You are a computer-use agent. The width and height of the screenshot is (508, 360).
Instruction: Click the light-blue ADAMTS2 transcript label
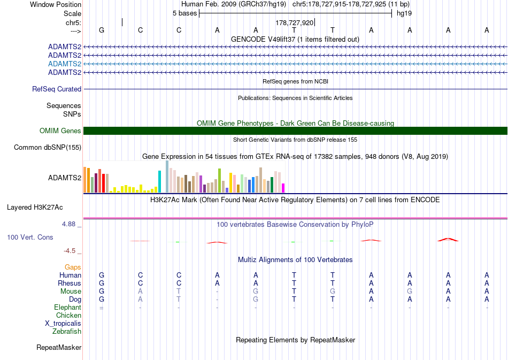pos(65,64)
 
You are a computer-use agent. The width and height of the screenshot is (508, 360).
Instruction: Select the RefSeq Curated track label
pos(57,89)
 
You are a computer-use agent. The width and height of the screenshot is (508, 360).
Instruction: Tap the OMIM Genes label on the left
pos(60,131)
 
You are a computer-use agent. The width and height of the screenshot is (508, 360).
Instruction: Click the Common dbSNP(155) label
pos(48,148)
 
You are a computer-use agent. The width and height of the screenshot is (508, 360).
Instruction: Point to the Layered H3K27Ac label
pos(35,208)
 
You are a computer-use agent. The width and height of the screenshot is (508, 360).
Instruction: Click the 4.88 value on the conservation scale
pos(68,224)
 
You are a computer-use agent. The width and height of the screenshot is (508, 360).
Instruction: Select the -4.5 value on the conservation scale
pos(70,250)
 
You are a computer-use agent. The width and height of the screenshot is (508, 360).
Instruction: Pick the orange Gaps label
pos(73,267)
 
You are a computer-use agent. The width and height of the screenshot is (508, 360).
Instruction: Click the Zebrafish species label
pos(67,331)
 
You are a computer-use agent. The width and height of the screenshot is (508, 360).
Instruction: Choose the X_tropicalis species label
pos(63,324)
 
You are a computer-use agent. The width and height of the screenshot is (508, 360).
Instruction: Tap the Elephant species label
pos(68,307)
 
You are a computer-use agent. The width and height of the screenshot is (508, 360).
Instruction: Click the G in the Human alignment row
pos(102,275)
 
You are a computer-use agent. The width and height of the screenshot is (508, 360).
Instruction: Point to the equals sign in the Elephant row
pos(102,308)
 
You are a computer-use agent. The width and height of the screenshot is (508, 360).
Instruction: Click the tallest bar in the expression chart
pos(167,177)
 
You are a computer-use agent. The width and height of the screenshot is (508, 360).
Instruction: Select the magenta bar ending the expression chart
pos(283,188)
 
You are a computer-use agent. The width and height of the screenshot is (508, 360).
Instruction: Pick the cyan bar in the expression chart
pos(159,182)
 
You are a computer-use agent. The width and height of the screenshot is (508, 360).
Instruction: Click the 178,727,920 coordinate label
pos(295,22)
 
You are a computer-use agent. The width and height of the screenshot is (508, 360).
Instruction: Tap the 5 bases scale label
pos(184,13)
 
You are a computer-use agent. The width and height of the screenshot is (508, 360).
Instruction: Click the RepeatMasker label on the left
pos(59,347)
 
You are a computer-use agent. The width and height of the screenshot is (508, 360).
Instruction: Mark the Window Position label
pos(56,4)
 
